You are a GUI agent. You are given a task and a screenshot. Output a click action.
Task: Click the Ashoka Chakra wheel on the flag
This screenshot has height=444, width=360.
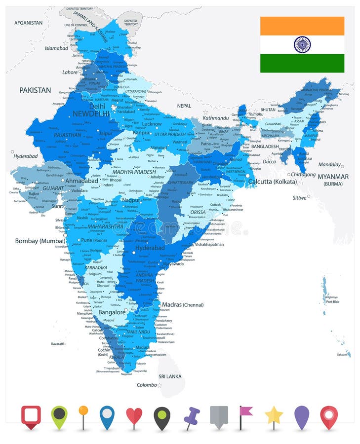[302, 44]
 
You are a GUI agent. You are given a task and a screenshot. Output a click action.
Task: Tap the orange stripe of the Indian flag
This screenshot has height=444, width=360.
[302, 26]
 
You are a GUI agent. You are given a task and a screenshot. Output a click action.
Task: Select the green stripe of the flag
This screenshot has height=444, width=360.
[302, 63]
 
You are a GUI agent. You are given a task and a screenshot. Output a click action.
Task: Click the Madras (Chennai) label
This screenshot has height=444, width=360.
[183, 304]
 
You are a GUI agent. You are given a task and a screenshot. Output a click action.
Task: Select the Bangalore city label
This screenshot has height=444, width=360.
[112, 312]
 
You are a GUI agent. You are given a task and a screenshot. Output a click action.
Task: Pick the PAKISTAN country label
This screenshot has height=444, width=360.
[35, 90]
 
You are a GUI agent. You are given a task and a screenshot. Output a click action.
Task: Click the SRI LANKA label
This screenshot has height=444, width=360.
[169, 376]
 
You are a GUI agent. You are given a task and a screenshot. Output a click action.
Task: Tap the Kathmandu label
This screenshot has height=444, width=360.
[215, 118]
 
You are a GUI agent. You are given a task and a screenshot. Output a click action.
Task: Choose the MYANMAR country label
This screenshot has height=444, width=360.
[333, 177]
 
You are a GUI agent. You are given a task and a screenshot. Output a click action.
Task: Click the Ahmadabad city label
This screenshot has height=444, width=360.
[81, 181]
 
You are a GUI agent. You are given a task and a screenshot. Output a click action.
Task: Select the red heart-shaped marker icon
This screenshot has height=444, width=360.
[134, 415]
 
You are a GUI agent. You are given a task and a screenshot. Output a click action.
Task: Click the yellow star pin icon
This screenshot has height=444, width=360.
[274, 416]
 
